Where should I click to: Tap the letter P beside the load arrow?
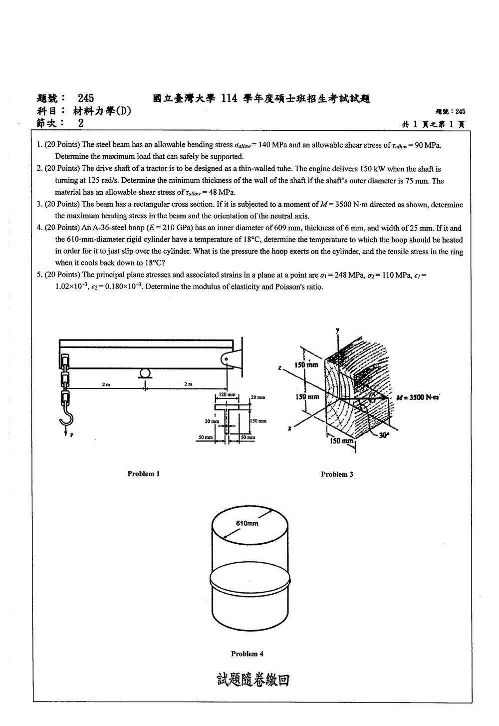[x=71, y=435]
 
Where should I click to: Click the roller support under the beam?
[x=145, y=373]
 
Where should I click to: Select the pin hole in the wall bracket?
[x=227, y=359]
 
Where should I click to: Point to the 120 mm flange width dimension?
[x=227, y=394]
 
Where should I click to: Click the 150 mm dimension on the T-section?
[x=258, y=421]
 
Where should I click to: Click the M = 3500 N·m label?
[x=418, y=397]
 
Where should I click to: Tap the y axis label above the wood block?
[x=337, y=330]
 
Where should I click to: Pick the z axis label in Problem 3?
[x=279, y=368]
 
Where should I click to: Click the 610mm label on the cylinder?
[x=247, y=523]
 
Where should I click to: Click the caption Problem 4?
[x=247, y=654]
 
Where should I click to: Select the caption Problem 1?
[x=143, y=473]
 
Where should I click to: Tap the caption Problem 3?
[x=337, y=474]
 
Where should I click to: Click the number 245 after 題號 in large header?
[x=86, y=98]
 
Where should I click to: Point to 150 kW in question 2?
[x=372, y=169]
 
